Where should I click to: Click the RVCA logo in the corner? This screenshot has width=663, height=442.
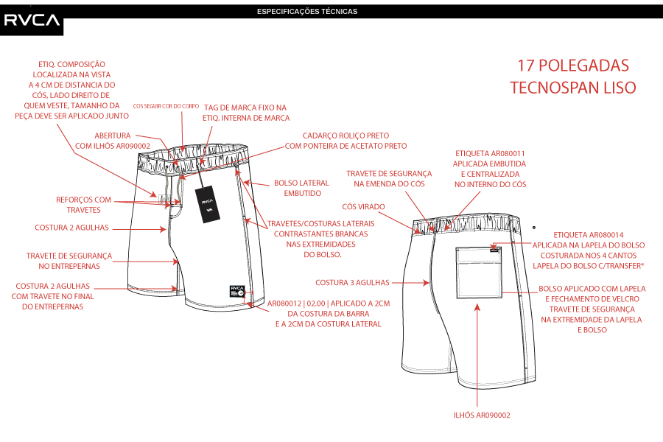click(32, 19)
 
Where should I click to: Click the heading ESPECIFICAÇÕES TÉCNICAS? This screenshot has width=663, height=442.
click(307, 12)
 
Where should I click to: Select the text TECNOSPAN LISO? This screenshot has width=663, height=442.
click(572, 87)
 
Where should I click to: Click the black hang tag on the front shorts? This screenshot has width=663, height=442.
click(208, 203)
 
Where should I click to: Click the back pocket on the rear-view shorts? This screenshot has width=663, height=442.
click(477, 270)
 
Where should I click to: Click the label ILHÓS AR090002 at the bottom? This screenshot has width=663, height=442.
click(481, 415)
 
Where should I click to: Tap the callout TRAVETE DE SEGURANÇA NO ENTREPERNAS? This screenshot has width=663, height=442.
click(69, 261)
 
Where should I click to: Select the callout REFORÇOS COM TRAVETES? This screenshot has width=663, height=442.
click(83, 204)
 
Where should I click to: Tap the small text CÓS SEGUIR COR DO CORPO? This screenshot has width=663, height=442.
click(165, 106)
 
